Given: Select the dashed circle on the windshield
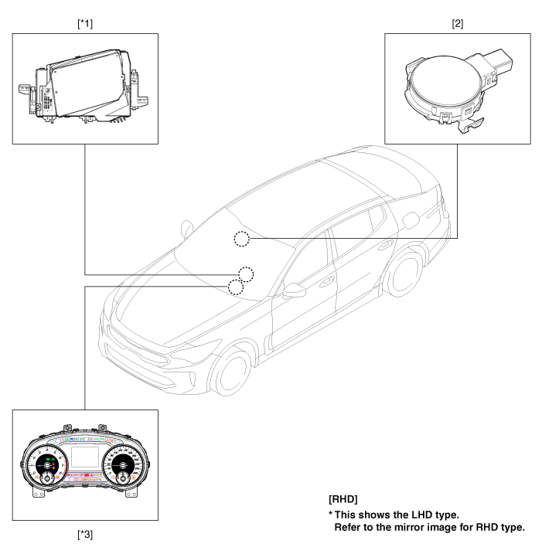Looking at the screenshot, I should click(242, 239).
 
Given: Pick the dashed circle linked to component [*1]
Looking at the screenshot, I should click(246, 274).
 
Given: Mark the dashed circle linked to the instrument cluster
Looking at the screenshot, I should click(236, 288).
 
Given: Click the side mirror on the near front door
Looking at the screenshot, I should click(295, 291).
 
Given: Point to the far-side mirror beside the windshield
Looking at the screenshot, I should click(185, 230).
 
